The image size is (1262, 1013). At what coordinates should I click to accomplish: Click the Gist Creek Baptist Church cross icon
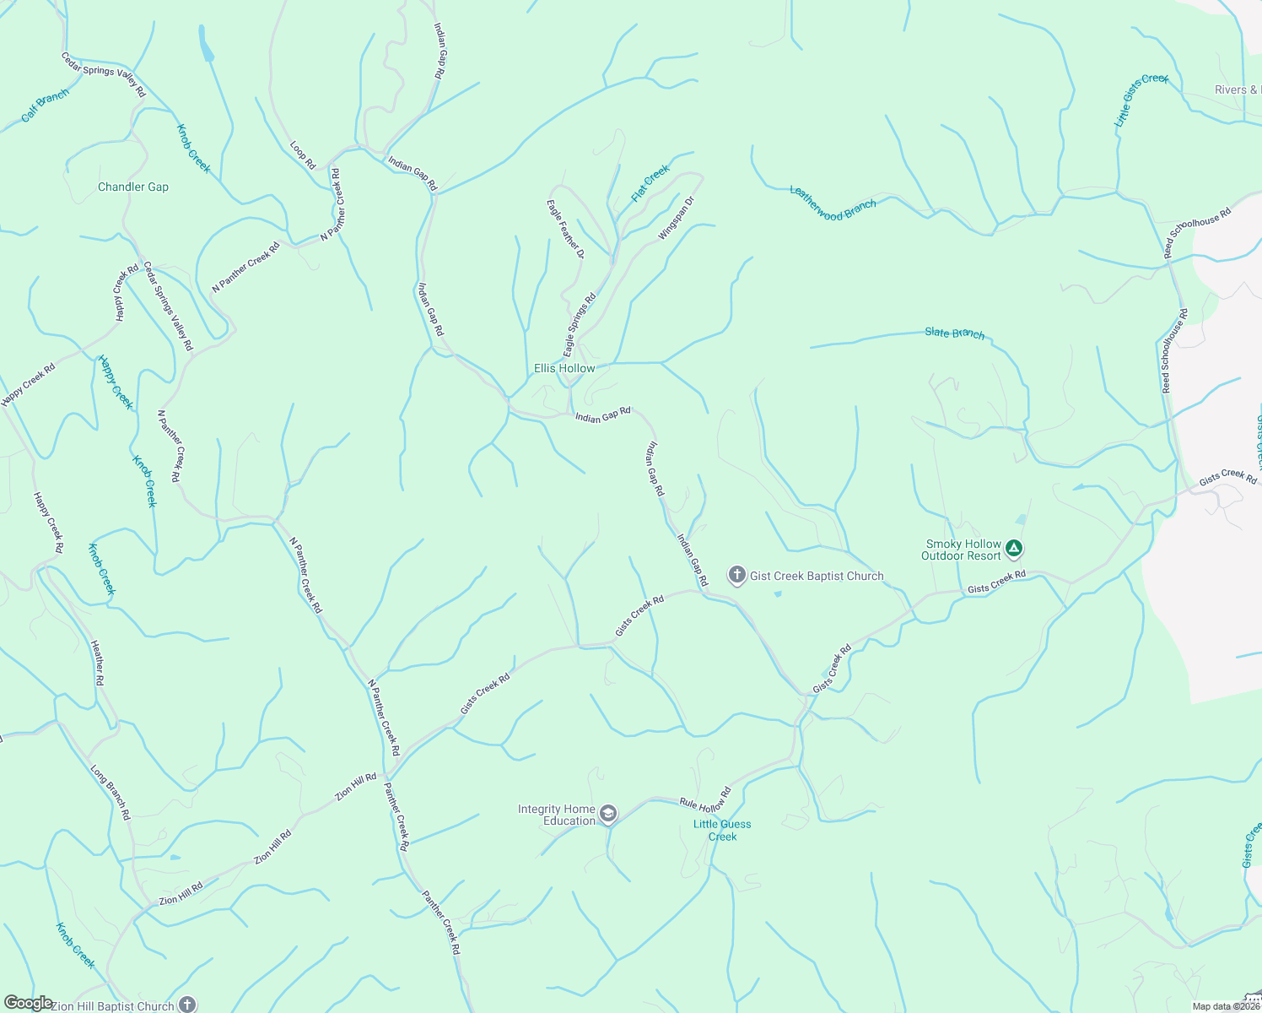[x=736, y=576]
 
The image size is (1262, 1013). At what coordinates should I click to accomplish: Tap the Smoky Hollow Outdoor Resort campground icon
[x=1014, y=550]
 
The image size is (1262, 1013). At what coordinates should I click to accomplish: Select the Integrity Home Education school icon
[x=608, y=815]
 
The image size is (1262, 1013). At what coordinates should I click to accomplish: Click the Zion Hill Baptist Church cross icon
[x=187, y=1005]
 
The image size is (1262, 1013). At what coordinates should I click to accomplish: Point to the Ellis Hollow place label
[x=564, y=368]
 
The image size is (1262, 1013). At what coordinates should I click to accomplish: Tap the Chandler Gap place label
[x=133, y=187]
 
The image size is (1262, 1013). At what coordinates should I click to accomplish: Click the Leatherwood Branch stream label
[x=833, y=203]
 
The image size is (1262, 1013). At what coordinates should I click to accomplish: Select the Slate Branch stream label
[x=954, y=333]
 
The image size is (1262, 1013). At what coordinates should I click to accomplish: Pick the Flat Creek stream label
[x=650, y=183]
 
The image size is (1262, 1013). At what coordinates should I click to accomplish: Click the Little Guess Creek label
[x=722, y=831]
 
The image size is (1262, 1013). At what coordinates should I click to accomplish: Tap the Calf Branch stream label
[x=45, y=106]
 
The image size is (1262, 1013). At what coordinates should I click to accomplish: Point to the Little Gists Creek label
[x=1141, y=100]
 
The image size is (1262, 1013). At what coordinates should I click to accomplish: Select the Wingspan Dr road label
[x=676, y=218]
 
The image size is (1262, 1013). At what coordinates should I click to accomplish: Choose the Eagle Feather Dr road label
[x=565, y=228]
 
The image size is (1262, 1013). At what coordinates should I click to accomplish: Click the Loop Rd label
[x=303, y=154]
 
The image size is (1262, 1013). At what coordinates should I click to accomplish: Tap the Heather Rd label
[x=98, y=663]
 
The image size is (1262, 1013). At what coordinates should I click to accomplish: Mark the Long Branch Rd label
[x=111, y=793]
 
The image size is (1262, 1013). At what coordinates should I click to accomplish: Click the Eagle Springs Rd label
[x=580, y=323]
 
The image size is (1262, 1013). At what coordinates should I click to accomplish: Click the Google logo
[x=28, y=1003]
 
